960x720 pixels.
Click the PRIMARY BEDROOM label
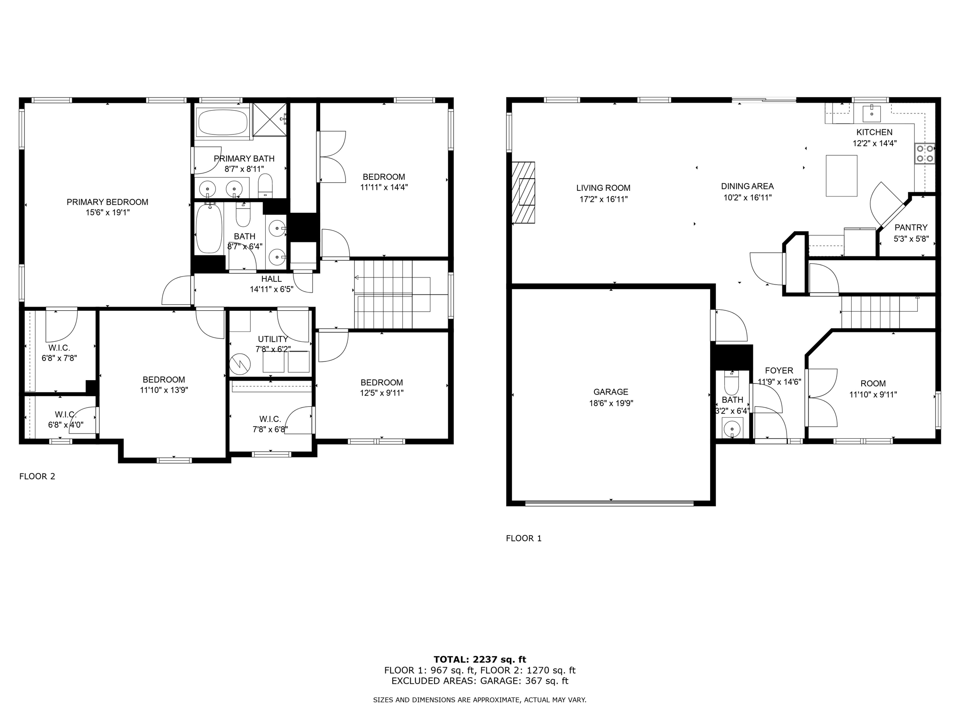[x=107, y=202]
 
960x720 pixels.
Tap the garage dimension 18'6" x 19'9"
[x=611, y=403]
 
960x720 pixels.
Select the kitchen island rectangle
[x=841, y=175]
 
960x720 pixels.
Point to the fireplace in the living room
[x=523, y=193]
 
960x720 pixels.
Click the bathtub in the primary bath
[x=223, y=122]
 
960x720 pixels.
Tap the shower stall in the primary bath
[x=270, y=119]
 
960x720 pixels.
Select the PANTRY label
[x=911, y=228]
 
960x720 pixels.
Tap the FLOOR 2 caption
[x=37, y=477]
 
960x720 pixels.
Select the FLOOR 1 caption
[x=524, y=539]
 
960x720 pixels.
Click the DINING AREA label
[x=747, y=187]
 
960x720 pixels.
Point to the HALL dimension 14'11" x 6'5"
[x=271, y=289]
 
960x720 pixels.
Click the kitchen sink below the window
[x=871, y=113]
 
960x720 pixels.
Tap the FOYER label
[x=779, y=371]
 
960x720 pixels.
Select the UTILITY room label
[x=273, y=339]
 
